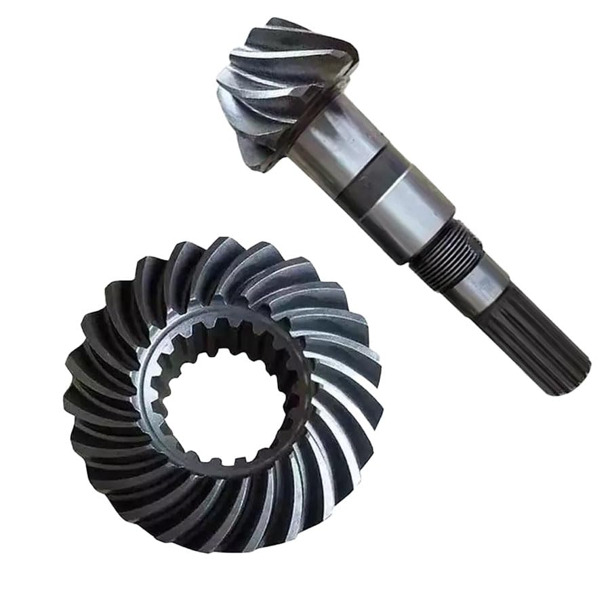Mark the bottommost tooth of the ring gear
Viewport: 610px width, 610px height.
click(x=217, y=542)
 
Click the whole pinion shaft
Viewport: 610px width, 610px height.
click(x=393, y=197)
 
